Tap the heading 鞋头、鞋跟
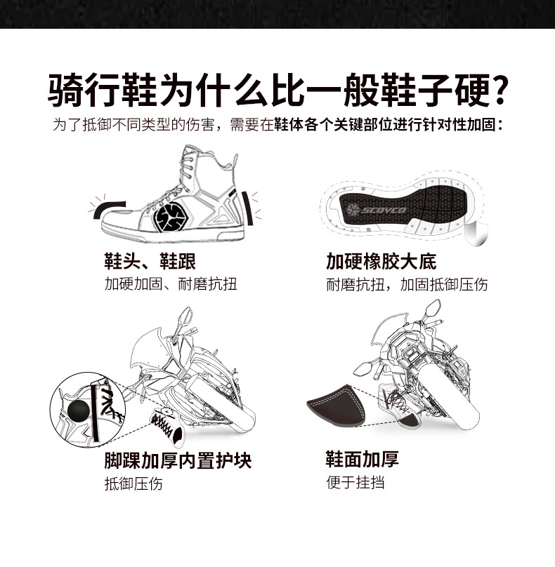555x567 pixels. pos(150,261)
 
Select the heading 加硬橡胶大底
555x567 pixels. pos(381,261)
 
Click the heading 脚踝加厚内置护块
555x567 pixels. pos(178,460)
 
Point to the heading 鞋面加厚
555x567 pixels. pos(363,459)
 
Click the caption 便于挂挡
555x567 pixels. pos(355,482)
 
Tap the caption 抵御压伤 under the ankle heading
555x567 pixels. pos(133,483)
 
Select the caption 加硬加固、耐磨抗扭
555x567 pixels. pos(171,284)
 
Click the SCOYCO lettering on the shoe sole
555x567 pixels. pos(384,210)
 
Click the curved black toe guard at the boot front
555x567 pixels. pos(109,209)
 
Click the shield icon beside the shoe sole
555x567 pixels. pos(476,234)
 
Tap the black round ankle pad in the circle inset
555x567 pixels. pos(77,410)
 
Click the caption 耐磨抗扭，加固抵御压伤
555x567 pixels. pos(407,285)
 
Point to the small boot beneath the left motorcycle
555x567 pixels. pos(168,426)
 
